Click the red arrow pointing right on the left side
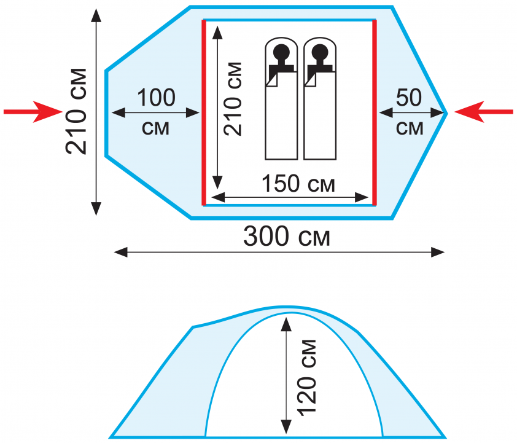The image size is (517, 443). pyautogui.click(x=33, y=112)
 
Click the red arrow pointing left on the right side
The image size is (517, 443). pyautogui.click(x=484, y=112)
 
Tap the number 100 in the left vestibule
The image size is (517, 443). pyautogui.click(x=156, y=98)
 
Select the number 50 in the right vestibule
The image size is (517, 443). pyautogui.click(x=409, y=98)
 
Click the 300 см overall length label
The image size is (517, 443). pyautogui.click(x=287, y=237)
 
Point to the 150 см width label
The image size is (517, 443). pyautogui.click(x=298, y=184)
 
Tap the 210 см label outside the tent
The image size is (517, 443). pyautogui.click(x=76, y=111)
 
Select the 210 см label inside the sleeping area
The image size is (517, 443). pyautogui.click(x=232, y=99)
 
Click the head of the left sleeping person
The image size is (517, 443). pyautogui.click(x=282, y=52)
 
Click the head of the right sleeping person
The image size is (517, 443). pyautogui.click(x=320, y=52)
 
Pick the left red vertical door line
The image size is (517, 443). pyautogui.click(x=204, y=112)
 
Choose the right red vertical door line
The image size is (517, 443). pyautogui.click(x=375, y=112)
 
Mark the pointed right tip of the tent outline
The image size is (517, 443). pyautogui.click(x=447, y=113)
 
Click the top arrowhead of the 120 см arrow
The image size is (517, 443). pyautogui.click(x=286, y=324)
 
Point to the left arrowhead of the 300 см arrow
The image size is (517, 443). pyautogui.click(x=121, y=253)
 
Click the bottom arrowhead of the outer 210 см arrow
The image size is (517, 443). pyautogui.click(x=96, y=209)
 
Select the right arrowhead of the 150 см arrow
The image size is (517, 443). pyautogui.click(x=362, y=198)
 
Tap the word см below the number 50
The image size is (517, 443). pyautogui.click(x=410, y=128)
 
